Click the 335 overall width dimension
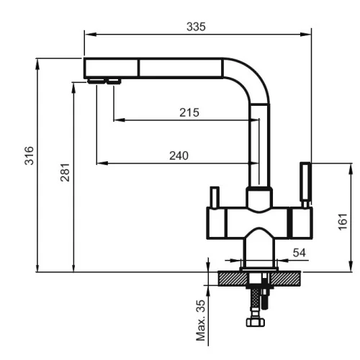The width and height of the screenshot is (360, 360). [x=196, y=27]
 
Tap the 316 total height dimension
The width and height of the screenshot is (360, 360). [x=30, y=156]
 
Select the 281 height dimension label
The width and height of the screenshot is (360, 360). [x=65, y=172]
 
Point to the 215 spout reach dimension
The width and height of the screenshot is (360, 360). [x=189, y=112]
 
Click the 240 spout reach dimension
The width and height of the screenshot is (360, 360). [x=179, y=156]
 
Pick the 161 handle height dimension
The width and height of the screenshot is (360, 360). [x=343, y=221]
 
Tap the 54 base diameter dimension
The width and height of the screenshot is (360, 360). [x=300, y=253]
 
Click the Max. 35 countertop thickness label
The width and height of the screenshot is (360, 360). [x=201, y=320]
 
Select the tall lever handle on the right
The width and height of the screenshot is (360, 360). [x=305, y=184]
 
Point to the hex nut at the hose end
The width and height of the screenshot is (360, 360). [x=256, y=322]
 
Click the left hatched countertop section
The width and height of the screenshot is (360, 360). [x=233, y=279]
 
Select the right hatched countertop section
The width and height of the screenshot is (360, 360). [x=285, y=279]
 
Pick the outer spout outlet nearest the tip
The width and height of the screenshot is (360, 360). [x=96, y=81]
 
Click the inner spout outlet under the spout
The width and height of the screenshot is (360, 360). [x=114, y=81]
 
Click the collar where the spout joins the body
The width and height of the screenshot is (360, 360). [x=259, y=198]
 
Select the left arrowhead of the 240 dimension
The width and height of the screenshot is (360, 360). [x=102, y=163]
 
